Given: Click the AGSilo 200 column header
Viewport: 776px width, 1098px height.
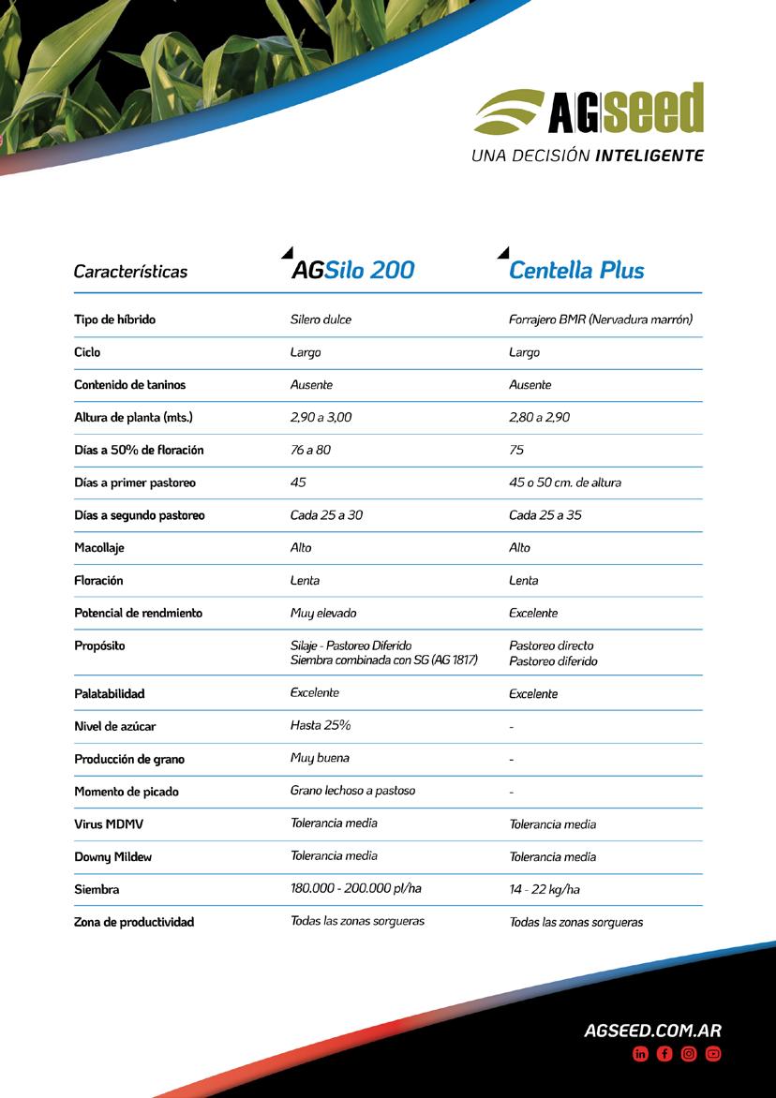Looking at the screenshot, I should point(352,271).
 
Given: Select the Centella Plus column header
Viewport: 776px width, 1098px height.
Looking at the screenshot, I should point(576,271).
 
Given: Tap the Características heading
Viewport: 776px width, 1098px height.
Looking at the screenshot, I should point(130,272).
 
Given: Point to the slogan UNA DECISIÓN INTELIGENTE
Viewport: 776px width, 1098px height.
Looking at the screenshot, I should point(588,156).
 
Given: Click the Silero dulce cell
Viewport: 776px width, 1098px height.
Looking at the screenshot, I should point(321,319).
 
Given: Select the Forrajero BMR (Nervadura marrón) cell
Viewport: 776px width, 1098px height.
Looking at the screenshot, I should point(600,319).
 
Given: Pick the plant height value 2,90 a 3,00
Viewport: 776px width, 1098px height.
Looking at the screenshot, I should point(321,417).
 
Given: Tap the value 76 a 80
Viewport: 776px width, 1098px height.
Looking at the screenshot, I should point(310,450).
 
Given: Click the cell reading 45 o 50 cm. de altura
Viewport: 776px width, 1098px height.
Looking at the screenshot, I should point(564,482).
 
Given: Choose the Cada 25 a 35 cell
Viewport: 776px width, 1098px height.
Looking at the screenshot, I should point(545,515).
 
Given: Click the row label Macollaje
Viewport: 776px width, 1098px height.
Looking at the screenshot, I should point(99,548).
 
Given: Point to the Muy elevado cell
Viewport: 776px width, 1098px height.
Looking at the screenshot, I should point(323,613).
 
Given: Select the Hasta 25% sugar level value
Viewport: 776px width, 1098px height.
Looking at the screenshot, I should point(321,725).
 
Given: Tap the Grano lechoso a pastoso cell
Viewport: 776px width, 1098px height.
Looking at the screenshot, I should point(352,790).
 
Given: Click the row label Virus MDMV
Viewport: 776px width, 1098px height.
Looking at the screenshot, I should point(109,824).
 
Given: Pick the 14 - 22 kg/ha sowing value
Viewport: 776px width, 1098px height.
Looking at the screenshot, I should point(545,889).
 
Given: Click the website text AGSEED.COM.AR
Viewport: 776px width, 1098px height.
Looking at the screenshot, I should point(652,1031).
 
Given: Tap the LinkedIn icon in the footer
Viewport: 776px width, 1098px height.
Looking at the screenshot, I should point(641,1054).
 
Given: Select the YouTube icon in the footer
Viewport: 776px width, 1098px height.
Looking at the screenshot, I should point(713,1054).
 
